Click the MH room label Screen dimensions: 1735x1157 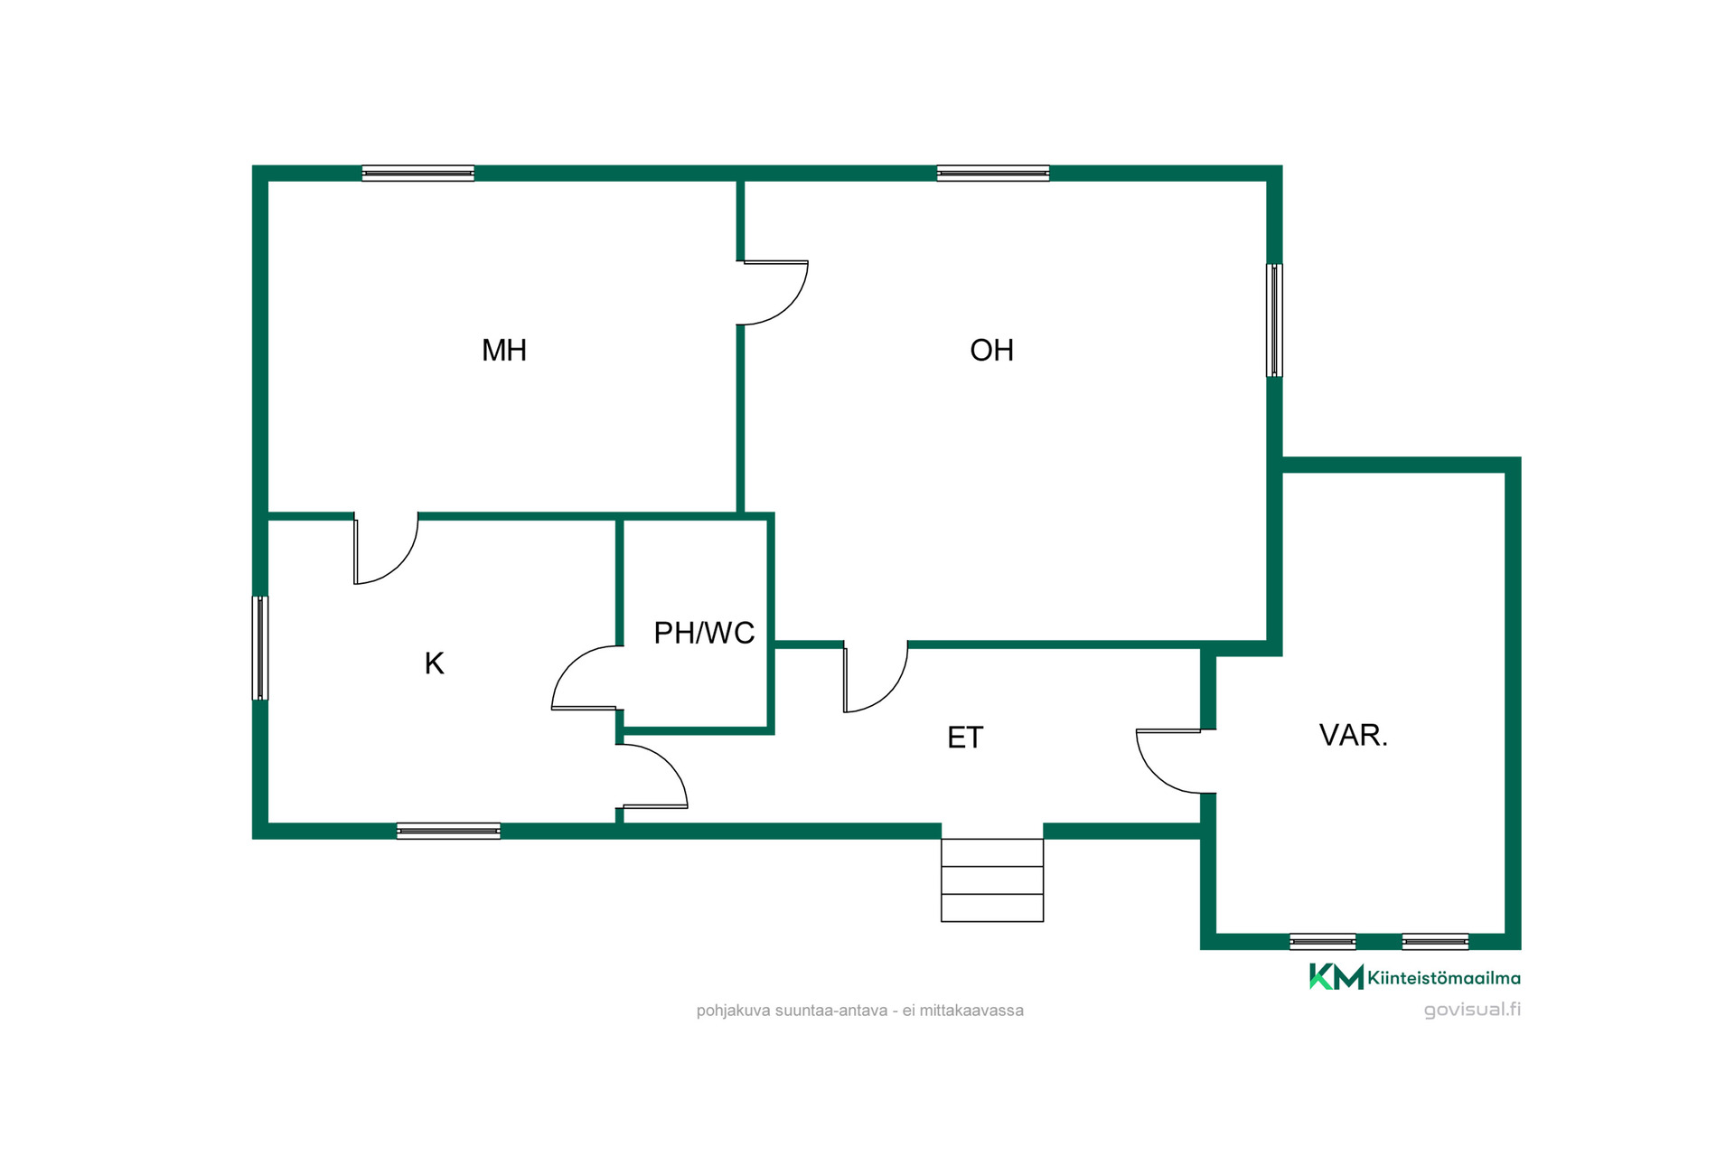point(504,350)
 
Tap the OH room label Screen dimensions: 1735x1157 point(991,350)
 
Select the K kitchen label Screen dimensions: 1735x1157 point(434,663)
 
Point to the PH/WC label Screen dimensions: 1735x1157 point(704,633)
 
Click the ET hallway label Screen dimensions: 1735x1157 point(965,738)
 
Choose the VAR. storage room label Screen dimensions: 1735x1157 point(1353,735)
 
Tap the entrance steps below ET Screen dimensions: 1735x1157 point(992,880)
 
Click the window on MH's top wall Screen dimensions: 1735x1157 point(418,174)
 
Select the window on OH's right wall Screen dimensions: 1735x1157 point(1274,320)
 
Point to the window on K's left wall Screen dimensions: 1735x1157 point(260,648)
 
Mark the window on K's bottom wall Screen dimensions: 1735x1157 point(448,831)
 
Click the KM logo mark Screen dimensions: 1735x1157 point(1336,977)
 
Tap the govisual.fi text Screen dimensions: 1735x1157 point(1472,1010)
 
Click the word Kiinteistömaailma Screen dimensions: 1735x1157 point(1444,978)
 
